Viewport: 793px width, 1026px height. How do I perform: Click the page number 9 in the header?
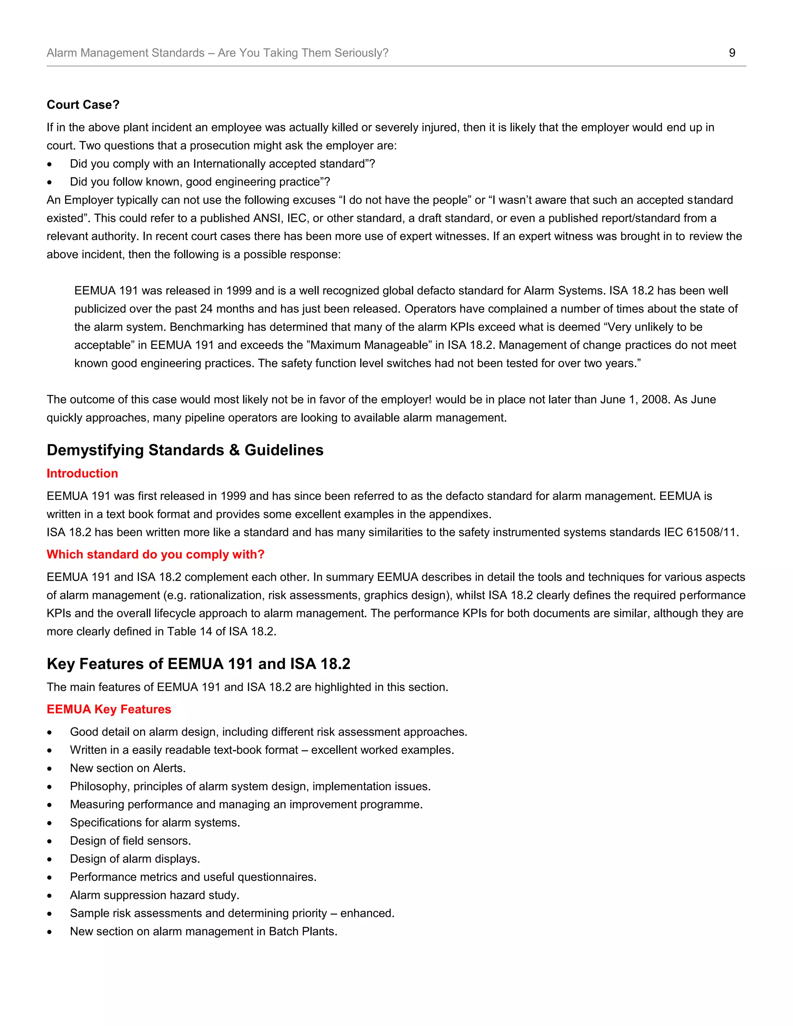point(731,53)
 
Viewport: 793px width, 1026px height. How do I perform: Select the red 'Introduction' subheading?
point(82,473)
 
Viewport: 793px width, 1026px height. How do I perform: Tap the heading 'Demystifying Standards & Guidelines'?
point(185,450)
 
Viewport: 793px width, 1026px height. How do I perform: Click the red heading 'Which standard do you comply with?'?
point(156,554)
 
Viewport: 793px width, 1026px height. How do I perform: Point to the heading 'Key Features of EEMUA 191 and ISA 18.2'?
point(198,663)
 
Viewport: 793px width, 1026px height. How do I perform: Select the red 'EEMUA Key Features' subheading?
point(108,709)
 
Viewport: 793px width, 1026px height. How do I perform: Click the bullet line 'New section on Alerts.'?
point(128,768)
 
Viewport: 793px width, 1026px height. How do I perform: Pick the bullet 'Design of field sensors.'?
point(130,841)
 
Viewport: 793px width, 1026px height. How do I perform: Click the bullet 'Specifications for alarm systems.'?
point(154,823)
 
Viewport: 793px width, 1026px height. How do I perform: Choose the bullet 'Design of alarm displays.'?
point(135,859)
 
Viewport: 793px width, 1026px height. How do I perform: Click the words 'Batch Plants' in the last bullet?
point(302,931)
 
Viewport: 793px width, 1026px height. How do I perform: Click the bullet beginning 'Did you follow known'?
point(200,182)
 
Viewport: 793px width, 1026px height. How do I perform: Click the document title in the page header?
point(218,53)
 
